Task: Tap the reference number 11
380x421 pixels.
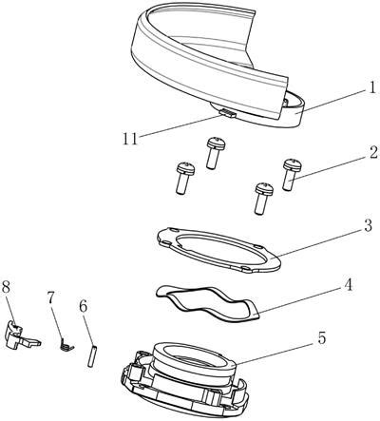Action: (130, 139)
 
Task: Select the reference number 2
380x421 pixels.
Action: (373, 153)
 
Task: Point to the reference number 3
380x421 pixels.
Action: (367, 226)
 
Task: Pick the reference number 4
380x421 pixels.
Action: (348, 285)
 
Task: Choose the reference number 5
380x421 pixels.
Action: (321, 338)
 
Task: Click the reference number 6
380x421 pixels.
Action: (83, 306)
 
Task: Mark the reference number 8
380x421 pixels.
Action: (7, 288)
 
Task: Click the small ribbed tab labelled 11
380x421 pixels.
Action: (228, 113)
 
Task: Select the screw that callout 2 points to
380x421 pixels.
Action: (292, 175)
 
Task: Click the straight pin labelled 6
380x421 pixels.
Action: (92, 356)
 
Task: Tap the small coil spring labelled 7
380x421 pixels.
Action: (66, 344)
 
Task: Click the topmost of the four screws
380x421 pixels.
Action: (216, 153)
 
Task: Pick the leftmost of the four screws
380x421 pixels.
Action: (185, 178)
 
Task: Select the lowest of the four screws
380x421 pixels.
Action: (263, 199)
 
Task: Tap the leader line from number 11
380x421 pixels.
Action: (180, 126)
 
